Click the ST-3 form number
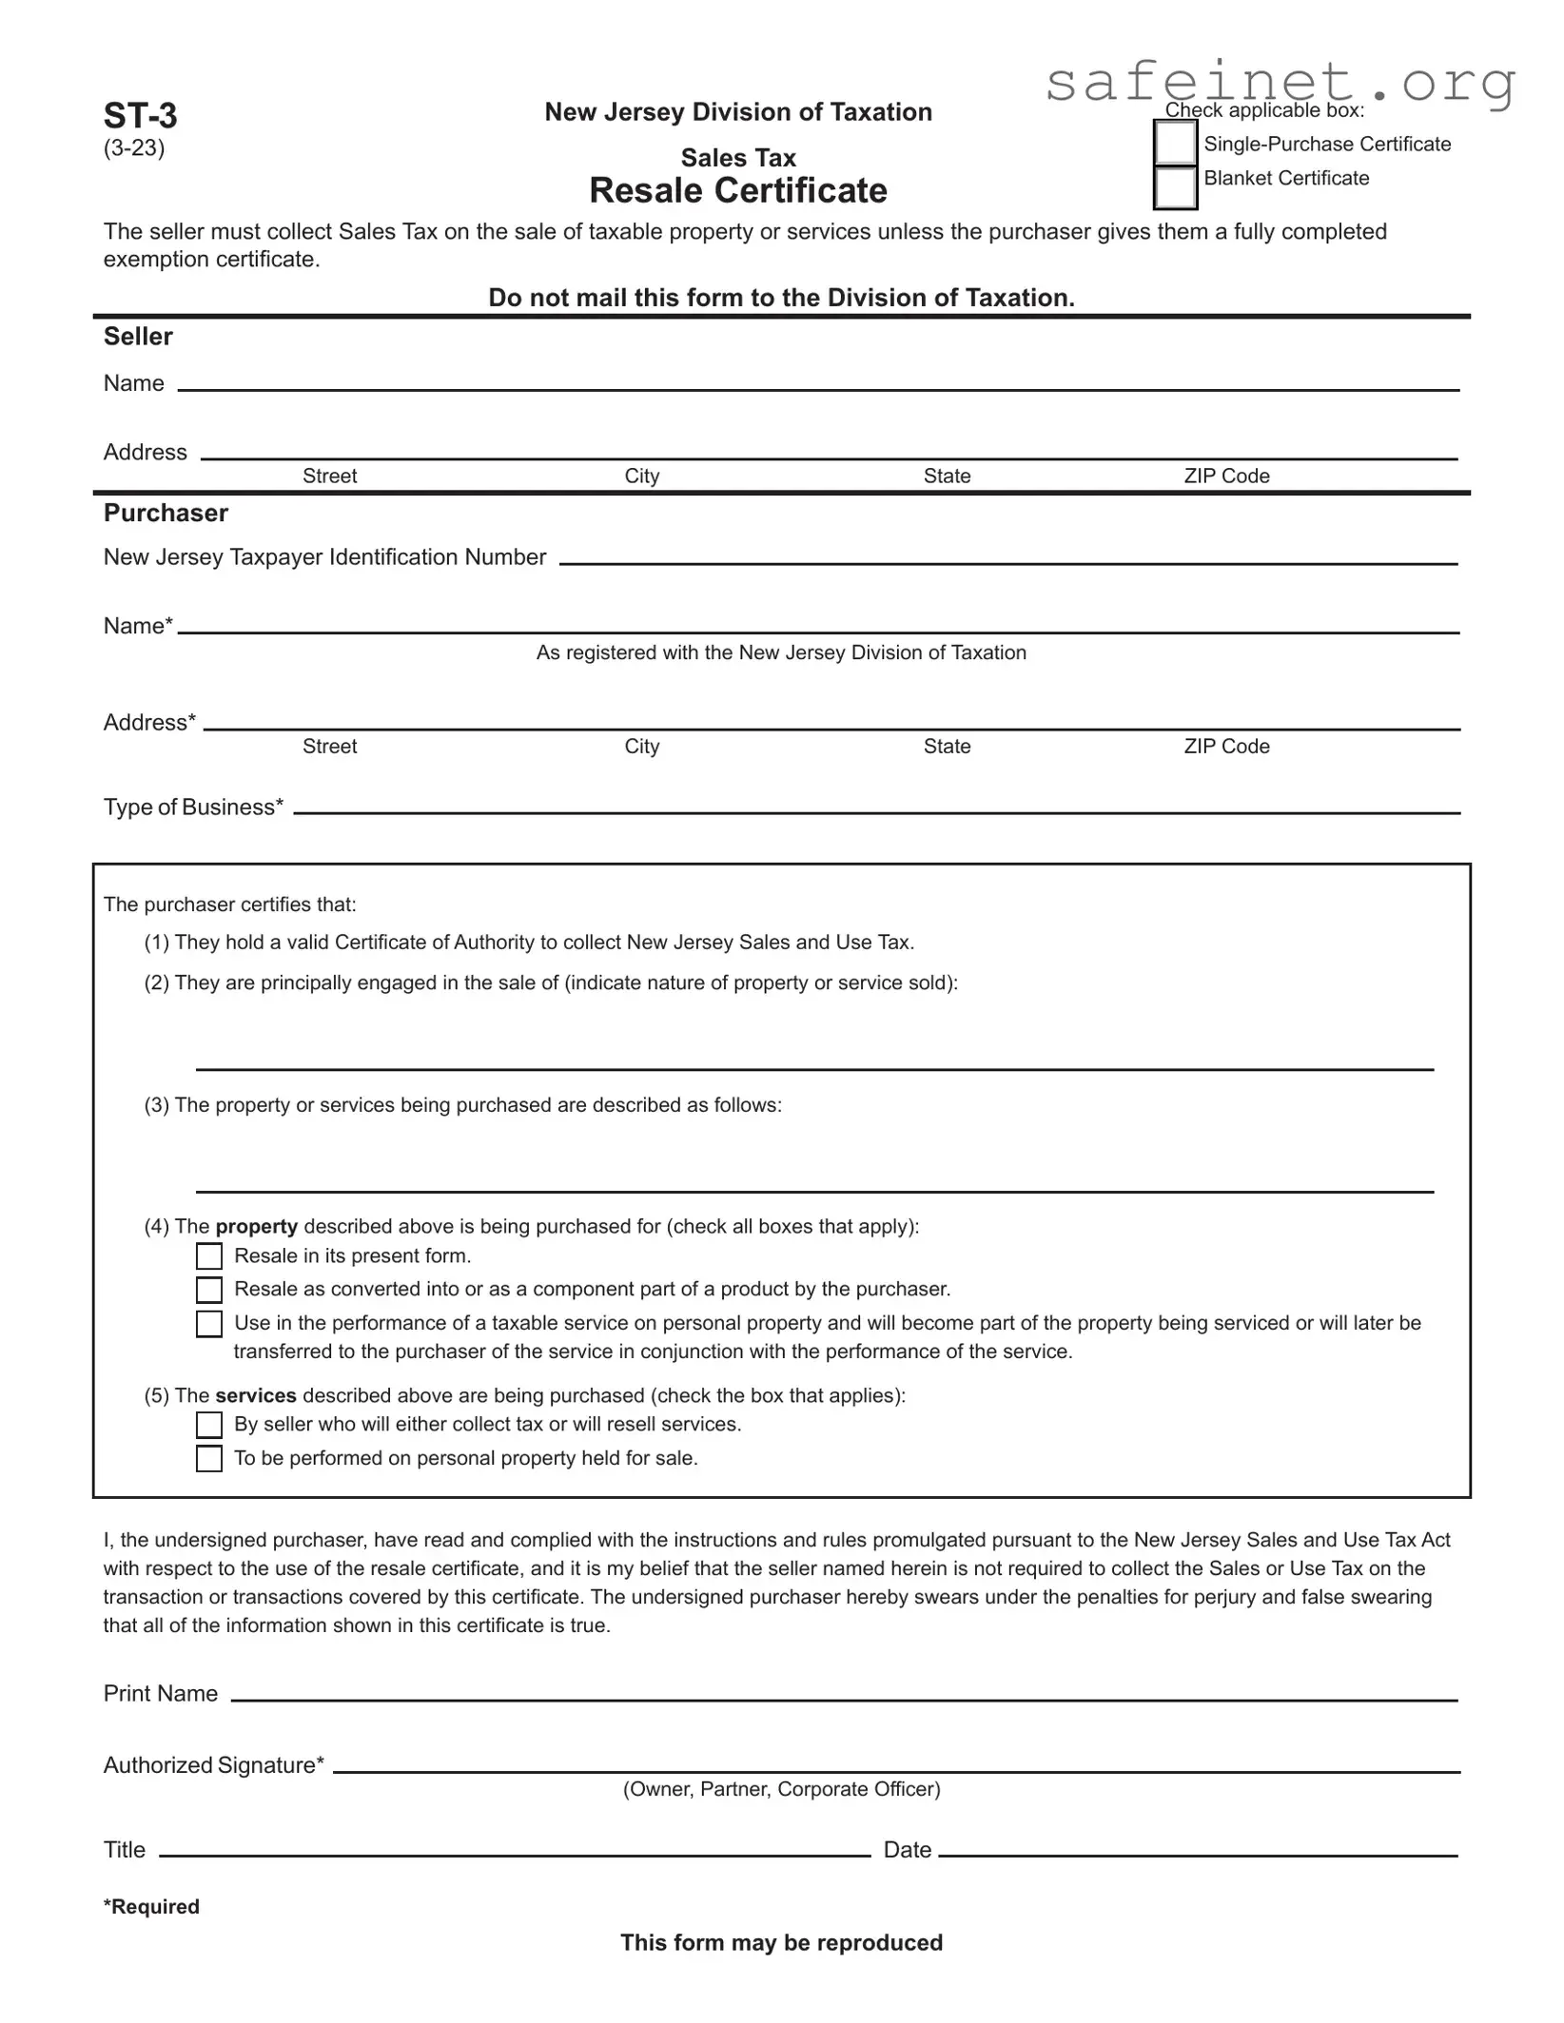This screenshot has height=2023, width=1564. (x=140, y=115)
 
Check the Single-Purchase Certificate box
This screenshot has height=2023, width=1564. (x=1175, y=144)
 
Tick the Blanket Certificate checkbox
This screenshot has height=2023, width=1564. (x=1175, y=187)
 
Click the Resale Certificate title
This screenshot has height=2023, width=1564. (x=738, y=190)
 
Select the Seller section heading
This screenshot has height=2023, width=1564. (x=138, y=337)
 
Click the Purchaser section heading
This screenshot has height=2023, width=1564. (x=166, y=514)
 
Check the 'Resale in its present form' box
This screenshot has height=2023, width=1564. (x=209, y=1256)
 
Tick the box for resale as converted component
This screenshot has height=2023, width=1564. (x=209, y=1290)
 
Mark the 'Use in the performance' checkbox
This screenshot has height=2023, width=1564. (x=209, y=1324)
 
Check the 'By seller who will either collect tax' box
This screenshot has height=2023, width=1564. (x=209, y=1425)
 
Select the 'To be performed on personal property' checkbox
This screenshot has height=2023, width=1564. (x=209, y=1459)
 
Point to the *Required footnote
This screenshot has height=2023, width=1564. (x=151, y=1906)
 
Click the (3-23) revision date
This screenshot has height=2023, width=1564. (x=134, y=148)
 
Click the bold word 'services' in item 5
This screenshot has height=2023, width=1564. (x=256, y=1395)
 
